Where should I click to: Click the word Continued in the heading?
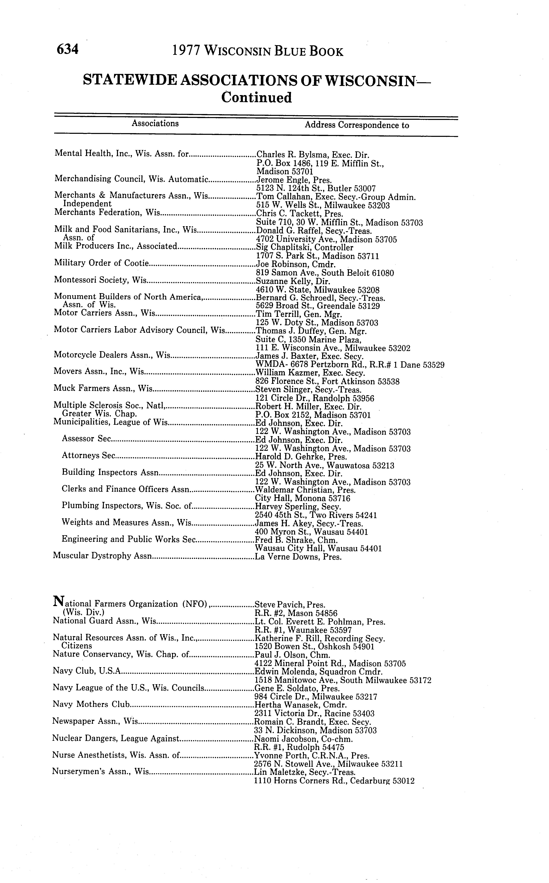pyautogui.click(x=257, y=98)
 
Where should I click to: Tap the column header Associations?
pyautogui.click(x=155, y=123)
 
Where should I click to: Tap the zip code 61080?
pyautogui.click(x=381, y=273)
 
